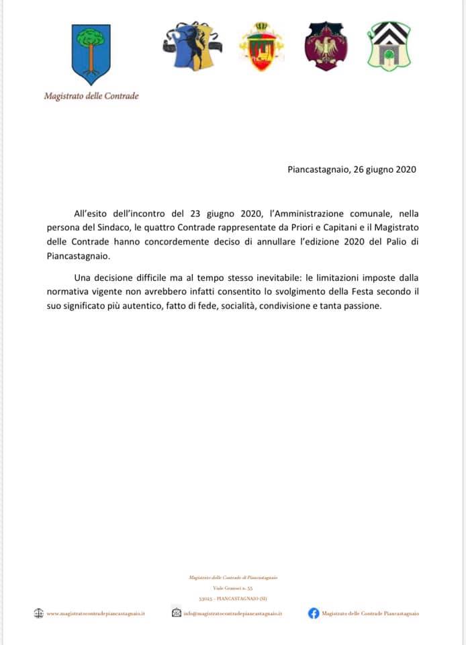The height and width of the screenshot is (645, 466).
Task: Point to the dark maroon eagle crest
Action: pyautogui.click(x=326, y=46)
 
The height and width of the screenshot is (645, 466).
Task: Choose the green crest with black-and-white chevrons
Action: pyautogui.click(x=388, y=46)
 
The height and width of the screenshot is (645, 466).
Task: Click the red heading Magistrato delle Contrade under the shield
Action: pyautogui.click(x=91, y=96)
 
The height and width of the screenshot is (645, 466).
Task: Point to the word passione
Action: pyautogui.click(x=360, y=306)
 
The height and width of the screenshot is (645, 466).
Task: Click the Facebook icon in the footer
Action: pyautogui.click(x=313, y=613)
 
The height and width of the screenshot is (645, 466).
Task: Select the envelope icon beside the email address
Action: pyautogui.click(x=176, y=613)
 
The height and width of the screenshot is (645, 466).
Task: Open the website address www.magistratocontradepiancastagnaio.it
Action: pyautogui.click(x=96, y=613)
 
